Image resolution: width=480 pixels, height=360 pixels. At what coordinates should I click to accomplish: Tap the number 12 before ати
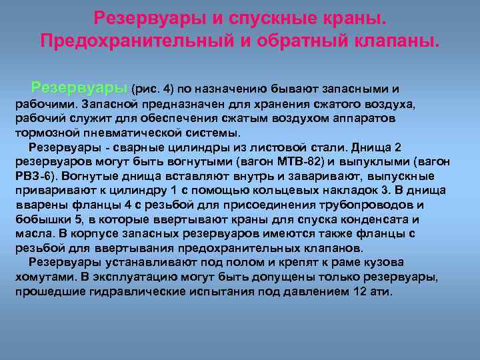point(359,292)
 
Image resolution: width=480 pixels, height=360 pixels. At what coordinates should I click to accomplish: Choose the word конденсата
point(382,219)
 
